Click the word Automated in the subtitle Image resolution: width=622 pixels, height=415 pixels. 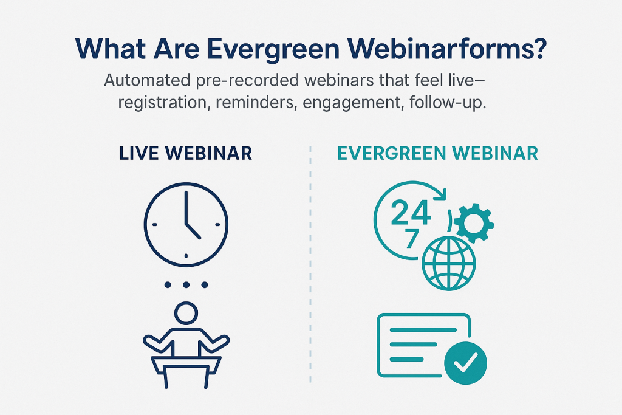point(147,80)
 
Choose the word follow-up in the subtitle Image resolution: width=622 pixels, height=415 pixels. point(448,103)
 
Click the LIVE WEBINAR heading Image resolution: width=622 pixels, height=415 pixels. point(186,154)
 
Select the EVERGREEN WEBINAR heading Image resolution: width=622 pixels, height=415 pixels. point(437,154)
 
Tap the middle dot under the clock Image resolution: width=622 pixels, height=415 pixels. point(186,285)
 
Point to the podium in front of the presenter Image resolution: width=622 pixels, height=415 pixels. point(186,371)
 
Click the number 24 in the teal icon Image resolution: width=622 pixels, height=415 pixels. point(411,213)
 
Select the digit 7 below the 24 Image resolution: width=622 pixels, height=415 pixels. point(412,238)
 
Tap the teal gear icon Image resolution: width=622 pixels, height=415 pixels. point(474,223)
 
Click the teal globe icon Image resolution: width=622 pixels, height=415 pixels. point(449,264)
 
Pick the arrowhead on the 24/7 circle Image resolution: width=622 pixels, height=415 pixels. point(441,193)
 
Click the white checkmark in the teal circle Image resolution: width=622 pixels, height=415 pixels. point(465,362)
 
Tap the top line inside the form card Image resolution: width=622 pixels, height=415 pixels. point(423,330)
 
